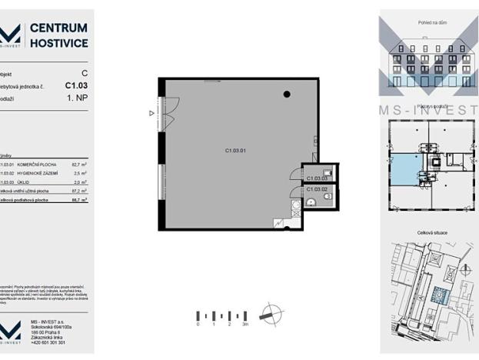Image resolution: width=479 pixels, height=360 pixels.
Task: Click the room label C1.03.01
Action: pos(235,152)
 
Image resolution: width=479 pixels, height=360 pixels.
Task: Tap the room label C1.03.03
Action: pos(316,178)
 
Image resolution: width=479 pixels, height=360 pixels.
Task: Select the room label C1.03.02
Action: pos(317,188)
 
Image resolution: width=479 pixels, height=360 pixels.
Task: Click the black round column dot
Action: pos(287,95)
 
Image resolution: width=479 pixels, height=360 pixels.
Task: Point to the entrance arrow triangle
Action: pos(152,113)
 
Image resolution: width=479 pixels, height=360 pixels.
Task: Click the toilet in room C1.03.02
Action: pos(328,196)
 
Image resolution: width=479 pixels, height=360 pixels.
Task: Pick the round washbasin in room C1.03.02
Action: pos(310,202)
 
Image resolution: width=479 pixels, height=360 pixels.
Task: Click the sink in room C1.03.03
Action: pos(327,172)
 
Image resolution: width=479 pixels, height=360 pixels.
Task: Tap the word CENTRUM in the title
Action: pos(58,28)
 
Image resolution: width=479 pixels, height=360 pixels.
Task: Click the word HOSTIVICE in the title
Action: pos(58,44)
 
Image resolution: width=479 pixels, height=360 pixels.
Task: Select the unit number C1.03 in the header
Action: pos(76,86)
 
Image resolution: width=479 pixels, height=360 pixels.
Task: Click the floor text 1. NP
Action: pos(77,99)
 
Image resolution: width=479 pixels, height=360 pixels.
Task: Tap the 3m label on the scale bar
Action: pos(245,325)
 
